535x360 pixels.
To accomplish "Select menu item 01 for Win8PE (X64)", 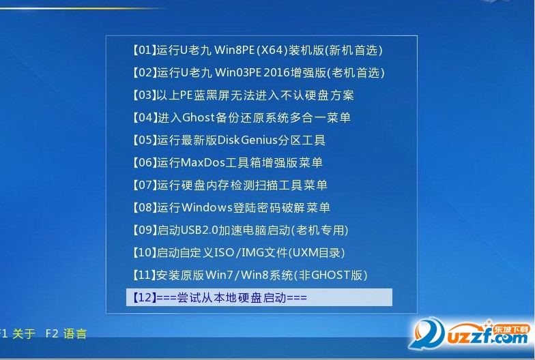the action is click(257, 50).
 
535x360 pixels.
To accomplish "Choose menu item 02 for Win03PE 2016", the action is click(258, 73).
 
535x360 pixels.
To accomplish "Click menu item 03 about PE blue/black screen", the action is click(243, 95).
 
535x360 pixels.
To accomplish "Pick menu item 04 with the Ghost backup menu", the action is click(242, 118).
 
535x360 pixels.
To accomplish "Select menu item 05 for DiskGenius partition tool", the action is click(229, 140).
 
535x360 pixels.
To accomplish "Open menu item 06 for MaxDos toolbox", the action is click(227, 163).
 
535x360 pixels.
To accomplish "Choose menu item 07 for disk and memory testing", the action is click(229, 185).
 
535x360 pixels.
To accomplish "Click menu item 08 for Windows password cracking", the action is click(231, 208).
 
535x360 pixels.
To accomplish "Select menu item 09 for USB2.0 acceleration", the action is click(240, 230).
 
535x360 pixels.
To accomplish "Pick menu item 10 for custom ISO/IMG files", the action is click(239, 253).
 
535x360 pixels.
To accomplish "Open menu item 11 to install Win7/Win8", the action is click(250, 275).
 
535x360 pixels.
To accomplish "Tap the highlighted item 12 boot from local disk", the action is click(259, 297).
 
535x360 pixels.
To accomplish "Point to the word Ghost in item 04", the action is click(198, 117).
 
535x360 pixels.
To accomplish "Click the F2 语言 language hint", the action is click(66, 333).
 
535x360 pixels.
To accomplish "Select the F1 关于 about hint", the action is click(17, 333).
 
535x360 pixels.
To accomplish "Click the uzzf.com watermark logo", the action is click(471, 334).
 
